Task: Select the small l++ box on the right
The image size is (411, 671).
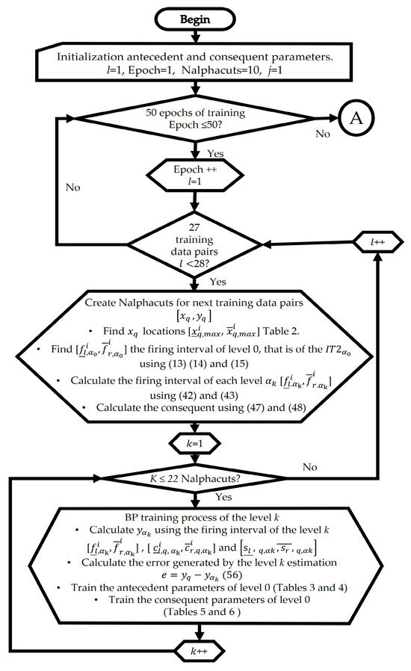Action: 370,244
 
